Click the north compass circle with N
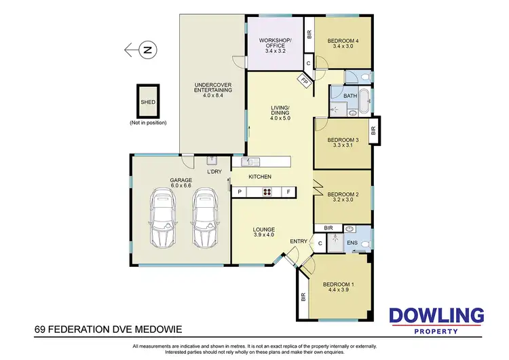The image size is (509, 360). click(x=148, y=49)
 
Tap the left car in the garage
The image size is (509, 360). click(x=164, y=219)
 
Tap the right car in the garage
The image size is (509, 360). click(x=204, y=219)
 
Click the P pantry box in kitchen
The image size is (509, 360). click(x=239, y=192)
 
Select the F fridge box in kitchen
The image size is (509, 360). click(x=288, y=192)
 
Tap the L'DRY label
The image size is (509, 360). click(x=214, y=171)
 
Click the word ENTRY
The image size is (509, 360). click(x=298, y=241)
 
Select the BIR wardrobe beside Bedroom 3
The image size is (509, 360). click(x=373, y=130)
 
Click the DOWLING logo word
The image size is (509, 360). click(x=436, y=316)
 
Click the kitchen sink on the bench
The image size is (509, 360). click(x=250, y=162)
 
